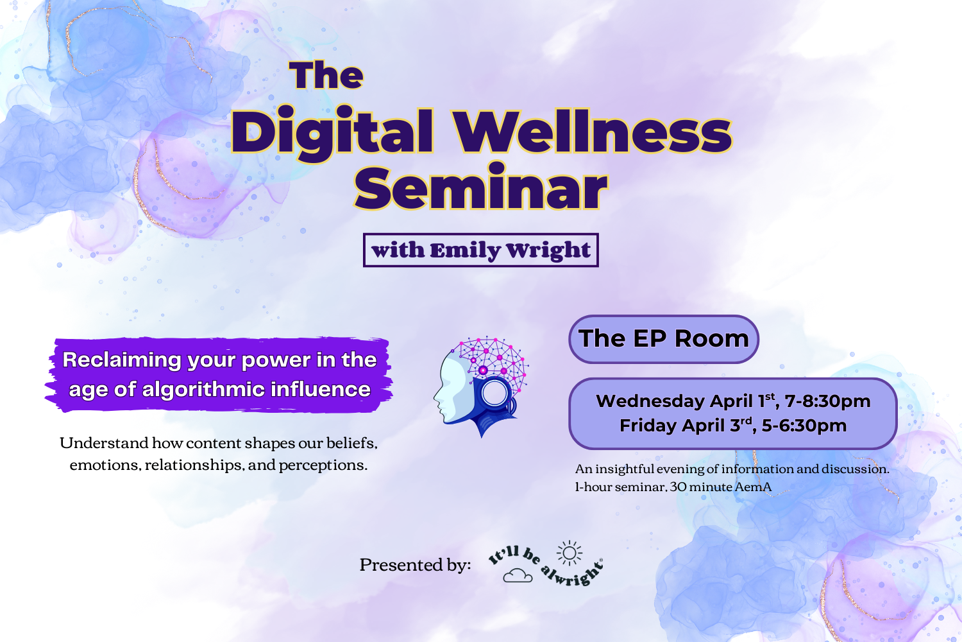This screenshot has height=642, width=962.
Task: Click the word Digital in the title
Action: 332,134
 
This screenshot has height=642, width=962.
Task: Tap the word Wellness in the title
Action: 593,132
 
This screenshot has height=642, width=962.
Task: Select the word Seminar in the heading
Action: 480,189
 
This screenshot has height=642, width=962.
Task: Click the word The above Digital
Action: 326,76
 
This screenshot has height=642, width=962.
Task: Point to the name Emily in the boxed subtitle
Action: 465,250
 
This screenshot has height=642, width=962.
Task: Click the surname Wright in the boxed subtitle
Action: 548,250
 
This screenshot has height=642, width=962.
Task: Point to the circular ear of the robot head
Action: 494,393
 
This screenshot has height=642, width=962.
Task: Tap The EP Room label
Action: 664,338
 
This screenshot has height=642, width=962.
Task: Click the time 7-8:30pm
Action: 827,401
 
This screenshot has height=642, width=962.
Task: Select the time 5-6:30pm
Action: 804,426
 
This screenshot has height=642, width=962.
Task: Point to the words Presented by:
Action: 415,565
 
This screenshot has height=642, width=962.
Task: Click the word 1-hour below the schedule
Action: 593,487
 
